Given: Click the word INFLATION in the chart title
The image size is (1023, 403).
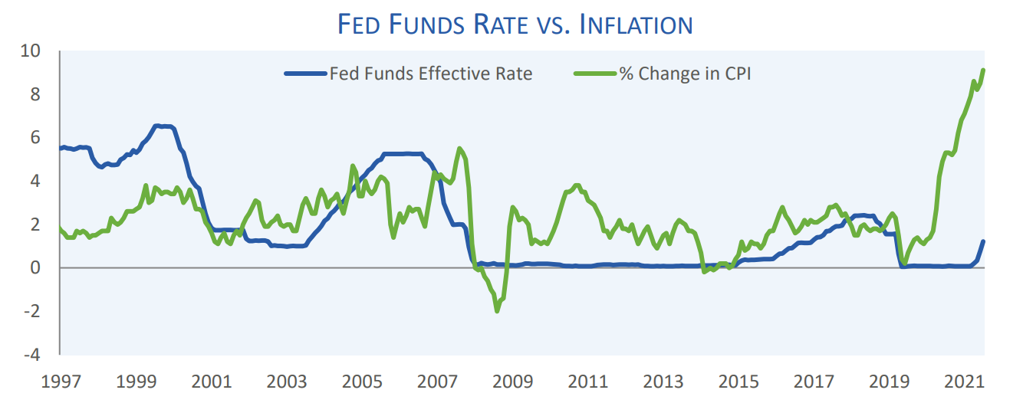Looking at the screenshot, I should [636, 25].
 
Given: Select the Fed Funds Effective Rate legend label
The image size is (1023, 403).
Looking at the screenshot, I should [430, 74].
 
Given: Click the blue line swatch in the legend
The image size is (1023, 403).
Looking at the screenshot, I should [305, 74].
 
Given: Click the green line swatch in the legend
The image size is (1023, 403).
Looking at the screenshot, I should [595, 74].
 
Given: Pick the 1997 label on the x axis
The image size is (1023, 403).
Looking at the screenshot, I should [61, 382].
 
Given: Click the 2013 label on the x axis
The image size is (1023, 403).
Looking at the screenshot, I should [663, 382].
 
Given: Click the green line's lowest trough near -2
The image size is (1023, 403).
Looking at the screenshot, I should [497, 310].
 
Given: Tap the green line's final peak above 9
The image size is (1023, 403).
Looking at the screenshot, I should [983, 70].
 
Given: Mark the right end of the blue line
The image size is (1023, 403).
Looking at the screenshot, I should [983, 242].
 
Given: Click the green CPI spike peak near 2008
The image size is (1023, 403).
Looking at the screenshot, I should [459, 149].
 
